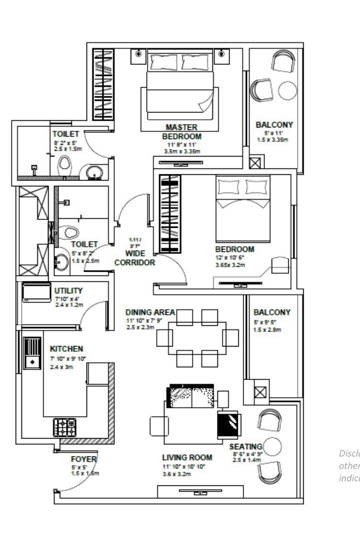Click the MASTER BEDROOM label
click(x=181, y=132)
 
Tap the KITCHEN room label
click(x=66, y=349)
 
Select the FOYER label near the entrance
click(x=84, y=459)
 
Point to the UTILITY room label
click(x=68, y=291)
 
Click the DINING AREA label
click(x=150, y=312)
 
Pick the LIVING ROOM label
click(x=187, y=458)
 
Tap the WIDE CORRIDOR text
click(x=134, y=258)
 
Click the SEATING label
click(x=248, y=447)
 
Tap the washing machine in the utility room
click(x=36, y=292)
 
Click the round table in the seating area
click(x=271, y=447)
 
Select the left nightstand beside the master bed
click(x=138, y=54)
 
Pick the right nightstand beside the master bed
click(x=221, y=54)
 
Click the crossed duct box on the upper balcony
click(x=255, y=162)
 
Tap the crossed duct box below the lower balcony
click(x=260, y=392)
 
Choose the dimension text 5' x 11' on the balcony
click(x=274, y=133)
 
